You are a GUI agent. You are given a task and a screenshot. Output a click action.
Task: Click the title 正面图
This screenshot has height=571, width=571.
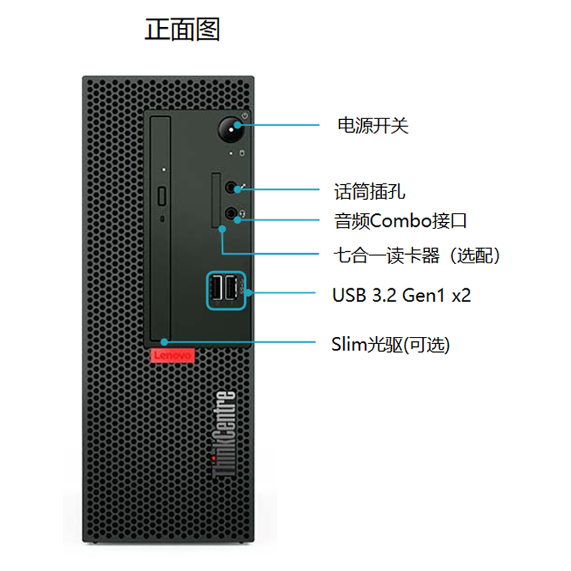[183, 29]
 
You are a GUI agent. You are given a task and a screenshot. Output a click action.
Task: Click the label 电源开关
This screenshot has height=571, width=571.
[373, 126]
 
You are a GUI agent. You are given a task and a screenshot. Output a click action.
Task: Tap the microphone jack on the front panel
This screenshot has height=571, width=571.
[231, 188]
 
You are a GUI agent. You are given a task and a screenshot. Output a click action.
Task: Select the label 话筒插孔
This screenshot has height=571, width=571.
[370, 191]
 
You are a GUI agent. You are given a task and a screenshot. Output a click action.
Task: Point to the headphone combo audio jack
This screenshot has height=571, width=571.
[231, 213]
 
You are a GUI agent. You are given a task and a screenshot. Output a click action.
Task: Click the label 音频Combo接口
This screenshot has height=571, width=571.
[400, 221]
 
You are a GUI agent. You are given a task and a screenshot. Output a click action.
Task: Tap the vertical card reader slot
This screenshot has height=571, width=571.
[216, 200]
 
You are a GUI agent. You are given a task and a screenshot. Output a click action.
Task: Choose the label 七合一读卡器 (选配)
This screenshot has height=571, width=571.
[417, 256]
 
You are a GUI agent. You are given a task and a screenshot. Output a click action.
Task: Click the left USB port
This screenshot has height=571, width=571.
[217, 288]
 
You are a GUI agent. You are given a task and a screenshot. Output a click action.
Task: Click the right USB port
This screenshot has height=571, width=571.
[230, 288]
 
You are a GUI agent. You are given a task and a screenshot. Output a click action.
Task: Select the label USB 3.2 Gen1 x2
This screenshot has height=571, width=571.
[402, 295]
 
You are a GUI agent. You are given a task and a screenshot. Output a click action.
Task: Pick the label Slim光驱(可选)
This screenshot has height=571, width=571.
[390, 345]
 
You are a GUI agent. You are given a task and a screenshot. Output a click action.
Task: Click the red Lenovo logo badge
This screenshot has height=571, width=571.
[173, 355]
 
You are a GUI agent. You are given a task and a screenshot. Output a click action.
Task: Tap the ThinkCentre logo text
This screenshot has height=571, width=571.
[224, 434]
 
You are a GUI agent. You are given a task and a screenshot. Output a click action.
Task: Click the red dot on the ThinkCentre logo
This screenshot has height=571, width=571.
[213, 458]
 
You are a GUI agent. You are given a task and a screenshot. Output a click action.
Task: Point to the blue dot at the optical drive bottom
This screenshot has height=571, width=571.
[164, 342]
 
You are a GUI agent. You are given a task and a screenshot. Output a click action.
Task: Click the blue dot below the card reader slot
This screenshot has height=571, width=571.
[222, 229]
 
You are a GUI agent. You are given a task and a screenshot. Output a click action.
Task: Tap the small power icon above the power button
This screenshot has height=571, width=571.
[245, 116]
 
